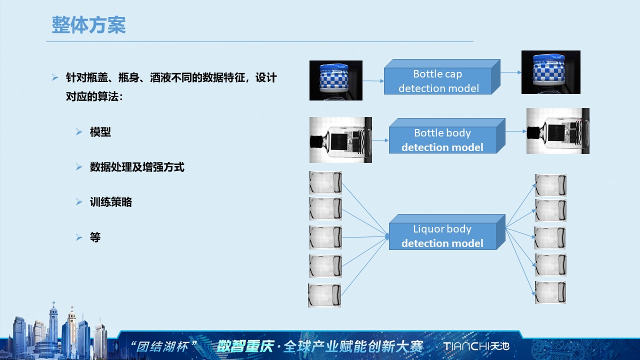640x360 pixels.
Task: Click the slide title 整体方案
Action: click(88, 25)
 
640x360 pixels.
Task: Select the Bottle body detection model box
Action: click(442, 140)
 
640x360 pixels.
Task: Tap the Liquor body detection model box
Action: click(442, 236)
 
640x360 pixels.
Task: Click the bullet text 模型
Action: click(100, 132)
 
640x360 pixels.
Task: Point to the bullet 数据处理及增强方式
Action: click(137, 167)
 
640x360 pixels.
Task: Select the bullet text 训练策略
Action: click(111, 202)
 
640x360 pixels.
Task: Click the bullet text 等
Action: click(95, 237)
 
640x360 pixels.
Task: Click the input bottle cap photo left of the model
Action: click(335, 80)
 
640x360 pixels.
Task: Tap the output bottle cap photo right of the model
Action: click(550, 72)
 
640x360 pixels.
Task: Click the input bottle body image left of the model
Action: click(340, 140)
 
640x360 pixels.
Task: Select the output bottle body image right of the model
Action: click(557, 131)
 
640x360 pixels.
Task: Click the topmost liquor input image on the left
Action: click(325, 182)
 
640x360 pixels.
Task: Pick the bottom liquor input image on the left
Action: click(324, 295)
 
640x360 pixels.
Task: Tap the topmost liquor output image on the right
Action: click(550, 185)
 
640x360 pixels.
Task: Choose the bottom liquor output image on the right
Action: click(550, 292)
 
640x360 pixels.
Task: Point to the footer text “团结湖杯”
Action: click(163, 346)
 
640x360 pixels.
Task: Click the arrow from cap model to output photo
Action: click(510, 72)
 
